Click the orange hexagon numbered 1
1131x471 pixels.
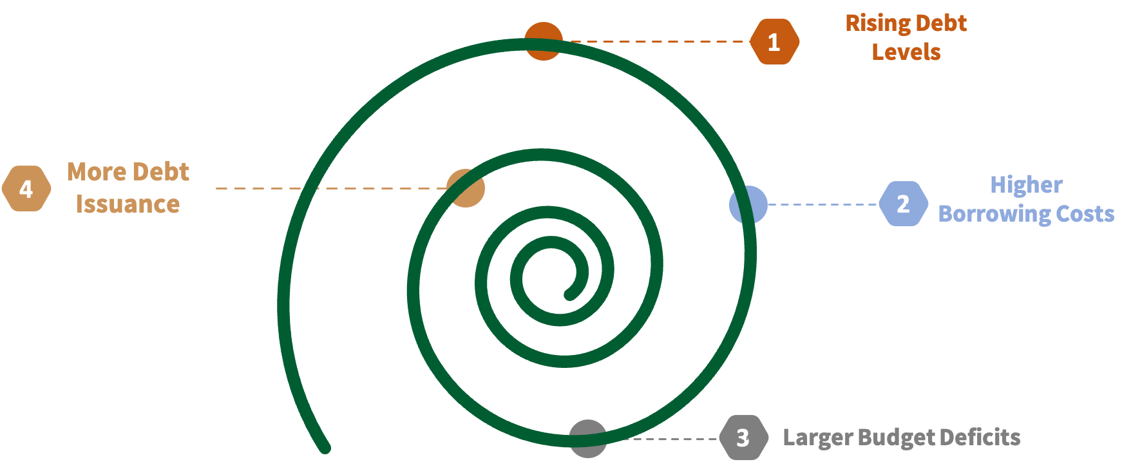(x=774, y=42)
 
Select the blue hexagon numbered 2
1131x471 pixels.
(x=903, y=204)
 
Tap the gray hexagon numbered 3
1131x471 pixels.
(x=743, y=437)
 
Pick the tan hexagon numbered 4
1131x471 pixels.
(x=26, y=189)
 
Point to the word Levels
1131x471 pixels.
(x=906, y=52)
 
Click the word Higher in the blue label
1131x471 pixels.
(x=1026, y=185)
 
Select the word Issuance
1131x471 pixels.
(x=128, y=204)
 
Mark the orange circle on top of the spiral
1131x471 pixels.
(x=544, y=41)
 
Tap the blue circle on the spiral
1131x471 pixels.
(x=748, y=205)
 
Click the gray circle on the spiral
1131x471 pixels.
(x=587, y=439)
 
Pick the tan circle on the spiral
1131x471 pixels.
(x=466, y=188)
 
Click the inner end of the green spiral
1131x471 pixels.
(x=569, y=296)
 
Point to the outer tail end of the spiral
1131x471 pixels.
(x=325, y=448)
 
